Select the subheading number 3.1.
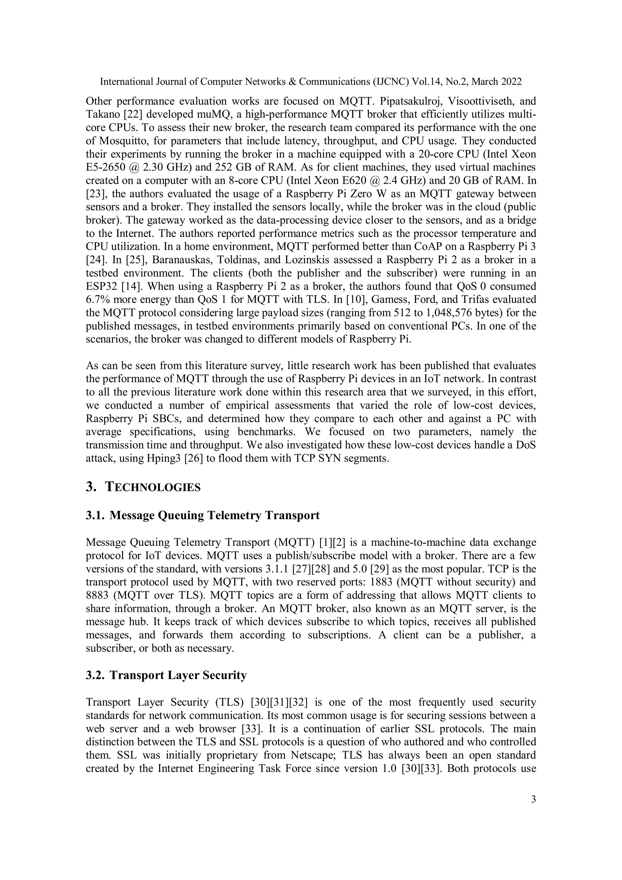[94, 515]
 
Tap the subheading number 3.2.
[94, 675]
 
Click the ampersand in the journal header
[292, 82]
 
